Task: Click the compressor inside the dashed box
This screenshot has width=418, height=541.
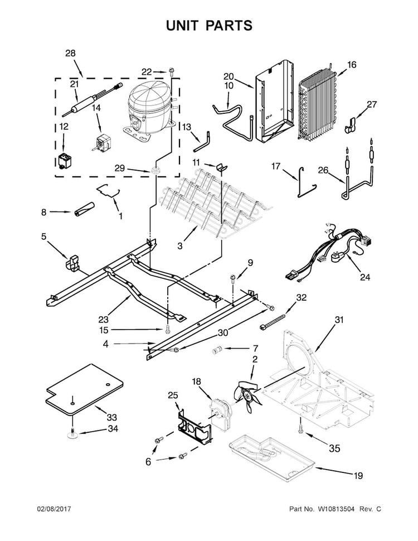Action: [149, 108]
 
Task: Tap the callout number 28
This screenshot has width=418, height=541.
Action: [70, 54]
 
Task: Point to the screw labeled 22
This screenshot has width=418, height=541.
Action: [171, 71]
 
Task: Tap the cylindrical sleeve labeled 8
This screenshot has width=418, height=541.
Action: [82, 211]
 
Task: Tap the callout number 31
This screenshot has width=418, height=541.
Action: [339, 320]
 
